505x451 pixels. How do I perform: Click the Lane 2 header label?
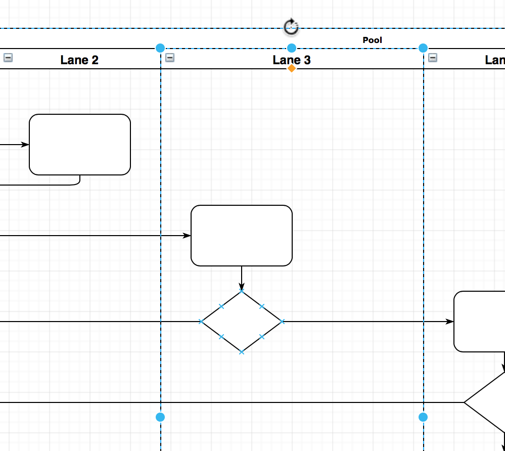pos(79,60)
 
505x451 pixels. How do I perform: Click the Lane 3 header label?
pos(292,60)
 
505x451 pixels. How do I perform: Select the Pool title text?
pos(372,40)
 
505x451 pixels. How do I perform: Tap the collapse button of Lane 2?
pos(8,58)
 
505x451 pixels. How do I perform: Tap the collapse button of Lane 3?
pos(170,58)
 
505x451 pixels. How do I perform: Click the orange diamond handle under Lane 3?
pos(292,68)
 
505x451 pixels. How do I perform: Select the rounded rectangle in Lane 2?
pos(80,145)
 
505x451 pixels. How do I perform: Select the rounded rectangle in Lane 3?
pos(242,236)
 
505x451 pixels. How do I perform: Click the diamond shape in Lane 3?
pos(242,322)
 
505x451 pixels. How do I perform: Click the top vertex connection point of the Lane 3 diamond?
pos(242,292)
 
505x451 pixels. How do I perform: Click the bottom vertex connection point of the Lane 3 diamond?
pos(242,352)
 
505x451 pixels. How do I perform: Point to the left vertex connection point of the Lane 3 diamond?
pos(202,322)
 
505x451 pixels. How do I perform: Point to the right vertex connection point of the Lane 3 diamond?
pos(282,322)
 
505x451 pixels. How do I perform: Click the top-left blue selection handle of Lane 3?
pos(160,48)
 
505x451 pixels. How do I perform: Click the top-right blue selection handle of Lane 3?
pos(423,48)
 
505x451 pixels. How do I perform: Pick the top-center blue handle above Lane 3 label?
pos(292,48)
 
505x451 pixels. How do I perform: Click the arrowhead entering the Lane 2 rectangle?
pos(26,145)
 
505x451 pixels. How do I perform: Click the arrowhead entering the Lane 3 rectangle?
pos(187,236)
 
